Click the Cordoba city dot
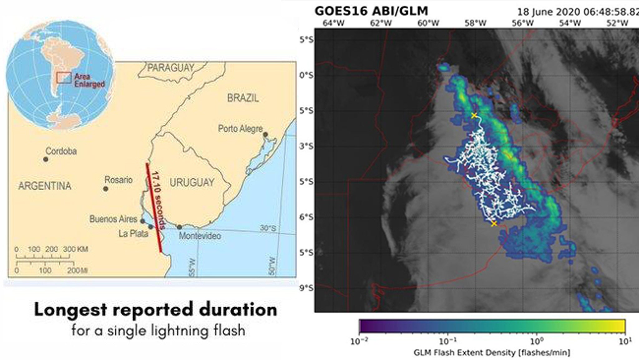pos(46,159)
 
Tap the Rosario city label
pos(118,180)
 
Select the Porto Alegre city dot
pos(265,135)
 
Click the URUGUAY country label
pos(192,182)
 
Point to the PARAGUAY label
pos(170,68)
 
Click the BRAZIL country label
pos(243,98)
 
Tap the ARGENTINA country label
pos(45,186)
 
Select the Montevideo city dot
pos(179,227)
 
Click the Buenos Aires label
pos(113,219)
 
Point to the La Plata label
pos(133,234)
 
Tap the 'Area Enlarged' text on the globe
pos(89,80)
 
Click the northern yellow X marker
pos(474,116)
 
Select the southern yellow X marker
pos(494,224)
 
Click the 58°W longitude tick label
pos(475,23)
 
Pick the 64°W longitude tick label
pos(334,23)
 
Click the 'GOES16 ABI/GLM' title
pos(371,11)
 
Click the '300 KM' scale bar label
pos(76,249)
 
